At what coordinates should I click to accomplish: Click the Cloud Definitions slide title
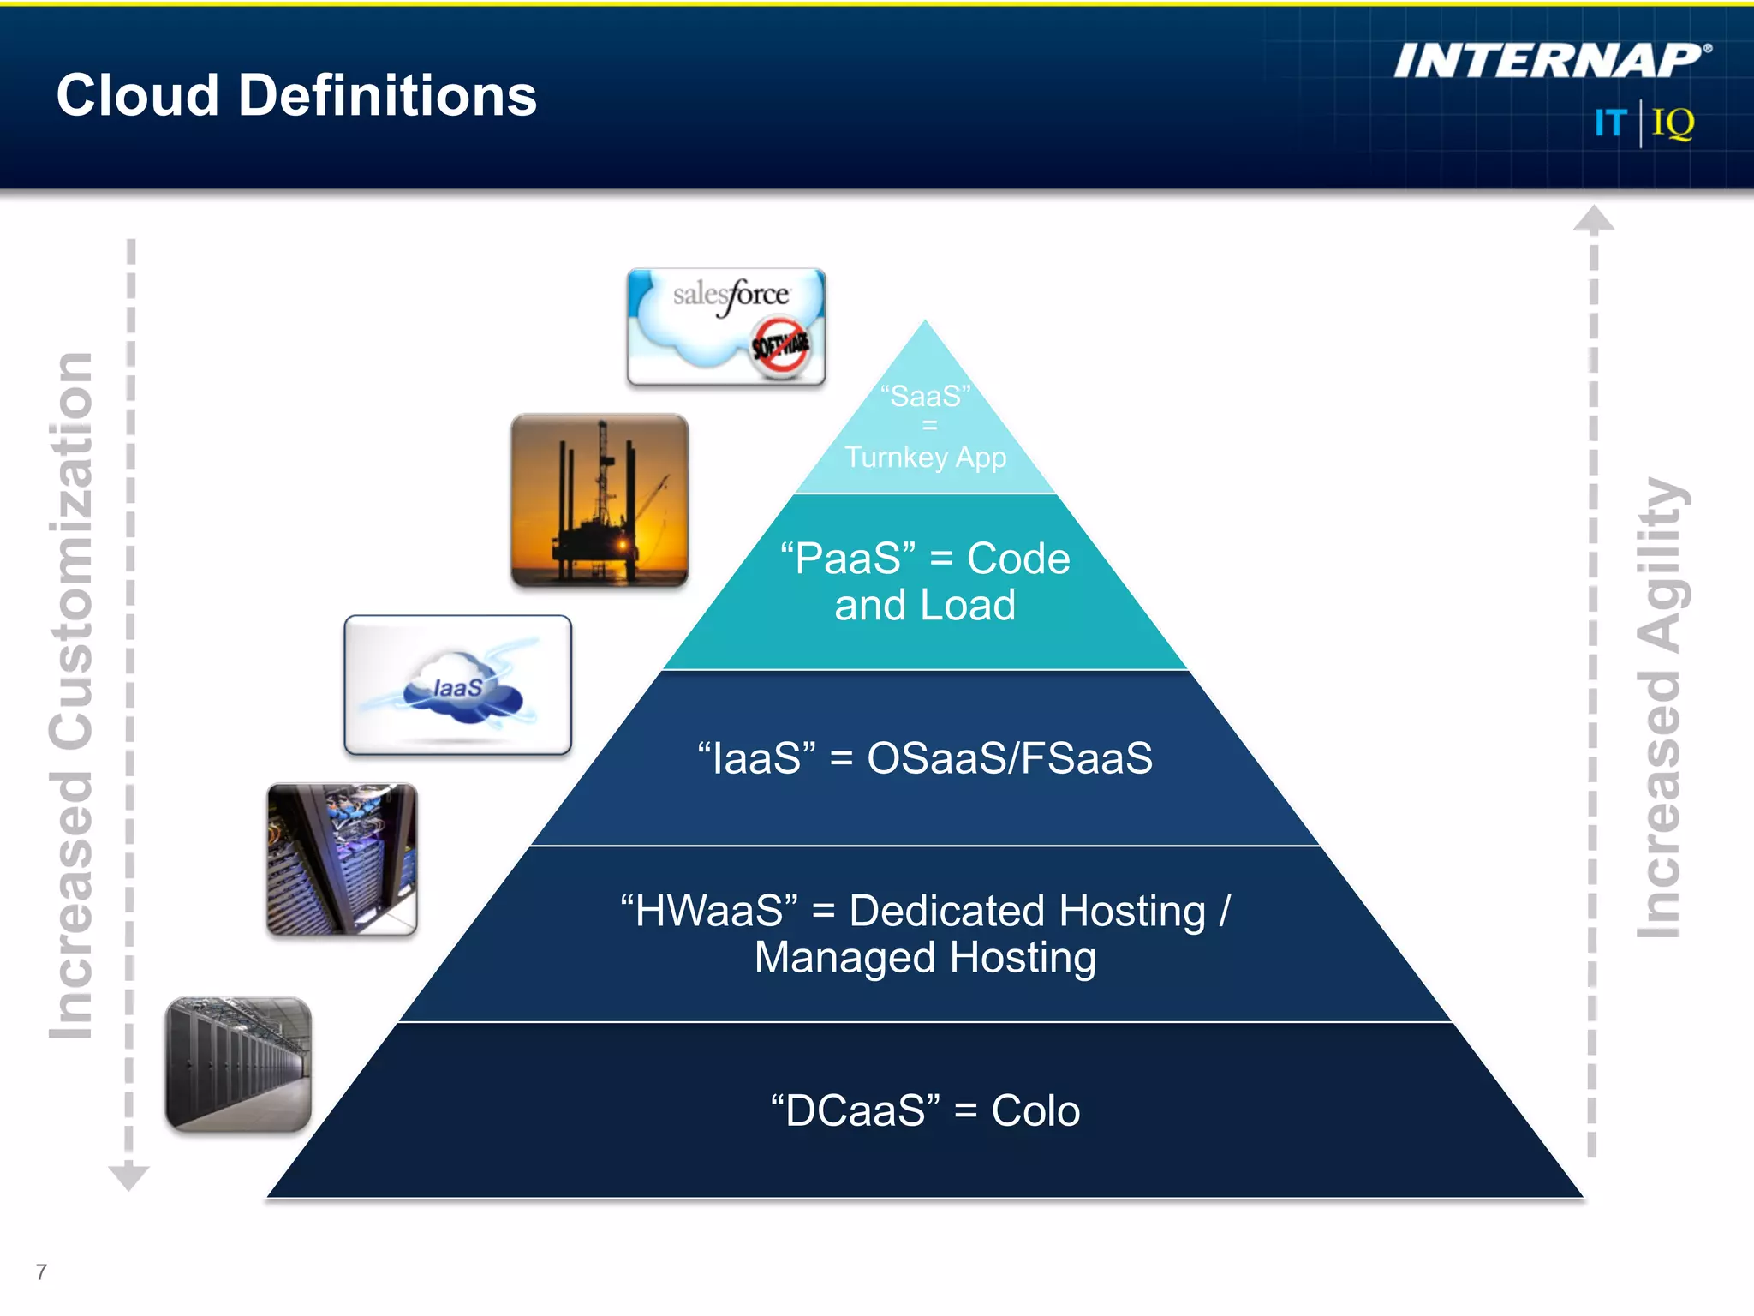(296, 95)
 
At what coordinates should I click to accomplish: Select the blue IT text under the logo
(1609, 123)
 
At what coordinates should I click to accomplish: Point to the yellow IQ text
(1673, 123)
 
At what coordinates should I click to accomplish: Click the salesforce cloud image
(725, 326)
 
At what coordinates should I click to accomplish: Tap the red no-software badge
(779, 345)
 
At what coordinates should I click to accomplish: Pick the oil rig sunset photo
(600, 501)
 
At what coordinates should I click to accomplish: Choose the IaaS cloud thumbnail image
(457, 685)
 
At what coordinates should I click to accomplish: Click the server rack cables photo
(342, 858)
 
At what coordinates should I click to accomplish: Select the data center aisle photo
(238, 1063)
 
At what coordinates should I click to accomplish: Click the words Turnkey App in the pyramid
(925, 458)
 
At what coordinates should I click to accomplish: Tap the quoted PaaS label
(848, 559)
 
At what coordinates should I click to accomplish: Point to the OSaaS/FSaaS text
(1010, 758)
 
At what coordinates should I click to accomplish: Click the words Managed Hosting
(925, 958)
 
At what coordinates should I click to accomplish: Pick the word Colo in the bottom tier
(1035, 1111)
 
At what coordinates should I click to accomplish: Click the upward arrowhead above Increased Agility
(1593, 219)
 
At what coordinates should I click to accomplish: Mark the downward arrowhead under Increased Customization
(129, 1177)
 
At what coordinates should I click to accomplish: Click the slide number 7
(41, 1271)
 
